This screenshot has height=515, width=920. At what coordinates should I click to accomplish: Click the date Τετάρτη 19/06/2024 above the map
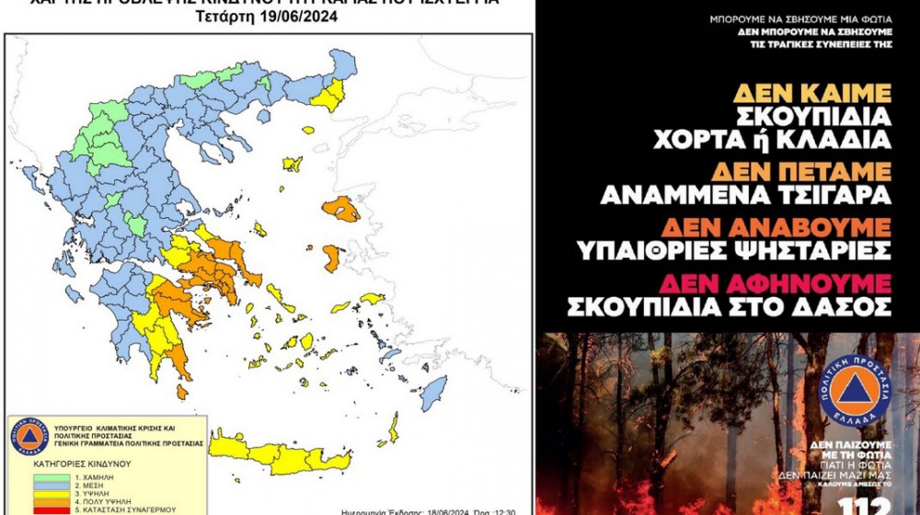pos(267,17)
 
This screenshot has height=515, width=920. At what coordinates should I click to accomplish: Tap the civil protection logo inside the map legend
pos(29,436)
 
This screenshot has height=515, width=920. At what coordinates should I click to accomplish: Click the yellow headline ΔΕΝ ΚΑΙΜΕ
pos(812,94)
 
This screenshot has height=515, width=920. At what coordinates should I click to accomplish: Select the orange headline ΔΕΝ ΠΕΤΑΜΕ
pos(812,172)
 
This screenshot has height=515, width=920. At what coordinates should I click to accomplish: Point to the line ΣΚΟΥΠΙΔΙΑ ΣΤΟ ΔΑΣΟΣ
pos(729,306)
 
